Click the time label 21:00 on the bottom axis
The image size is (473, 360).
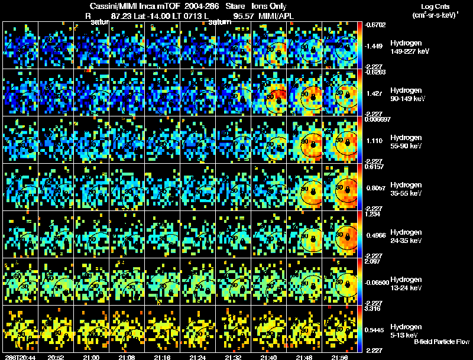pyautogui.click(x=91, y=356)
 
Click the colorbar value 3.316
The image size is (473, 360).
pyautogui.click(x=373, y=309)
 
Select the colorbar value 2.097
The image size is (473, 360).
pyautogui.click(x=373, y=261)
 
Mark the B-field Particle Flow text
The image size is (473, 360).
pyautogui.click(x=441, y=342)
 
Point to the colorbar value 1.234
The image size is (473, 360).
pyautogui.click(x=372, y=214)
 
